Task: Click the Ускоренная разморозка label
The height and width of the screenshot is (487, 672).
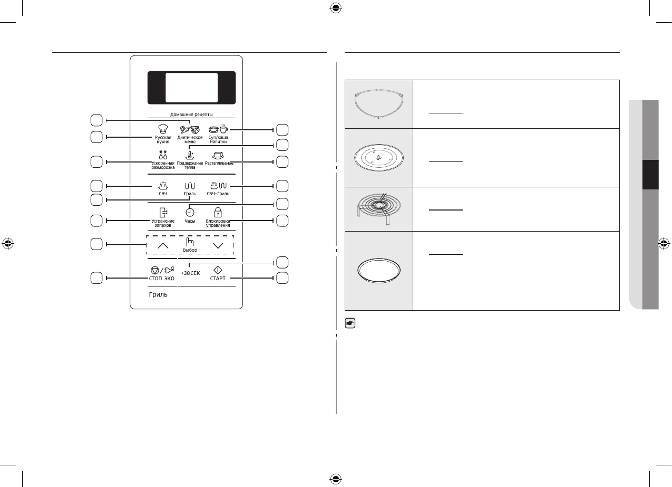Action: pyautogui.click(x=162, y=166)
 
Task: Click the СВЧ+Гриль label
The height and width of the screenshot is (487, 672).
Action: pyautogui.click(x=218, y=194)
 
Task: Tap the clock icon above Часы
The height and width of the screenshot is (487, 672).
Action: pyautogui.click(x=190, y=212)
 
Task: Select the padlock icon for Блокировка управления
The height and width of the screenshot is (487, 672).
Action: pyautogui.click(x=218, y=212)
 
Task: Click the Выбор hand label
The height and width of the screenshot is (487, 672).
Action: pyautogui.click(x=190, y=249)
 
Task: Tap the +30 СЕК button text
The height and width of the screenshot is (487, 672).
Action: pyautogui.click(x=190, y=273)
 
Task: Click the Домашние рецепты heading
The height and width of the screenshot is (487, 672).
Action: pyautogui.click(x=191, y=114)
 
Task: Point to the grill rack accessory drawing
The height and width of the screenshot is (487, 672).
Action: pyautogui.click(x=378, y=208)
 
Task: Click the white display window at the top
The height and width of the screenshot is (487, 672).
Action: pyautogui.click(x=191, y=88)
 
